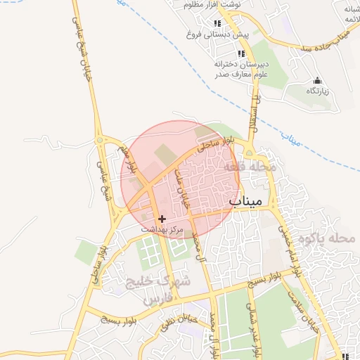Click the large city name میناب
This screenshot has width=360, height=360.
(245, 201)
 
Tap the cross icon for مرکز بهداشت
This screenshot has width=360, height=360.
(162, 219)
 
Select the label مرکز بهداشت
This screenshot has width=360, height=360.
(162, 230)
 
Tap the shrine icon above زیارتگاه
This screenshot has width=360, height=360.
(318, 80)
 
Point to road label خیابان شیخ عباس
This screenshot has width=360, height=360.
(79, 41)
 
